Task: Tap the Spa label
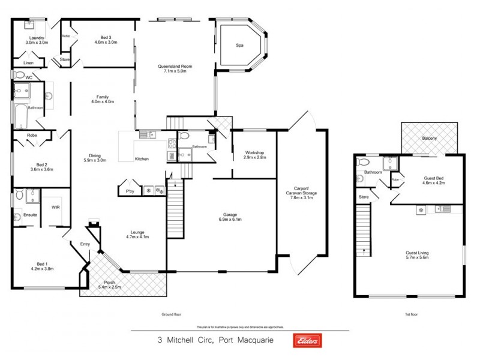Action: coord(238,44)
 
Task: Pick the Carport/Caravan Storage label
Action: coord(301,191)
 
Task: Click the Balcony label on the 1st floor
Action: coord(429,139)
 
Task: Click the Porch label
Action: coord(110,284)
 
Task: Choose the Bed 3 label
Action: coord(108,40)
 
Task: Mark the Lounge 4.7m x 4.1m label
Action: coord(137,234)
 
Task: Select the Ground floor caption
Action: coord(172,314)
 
